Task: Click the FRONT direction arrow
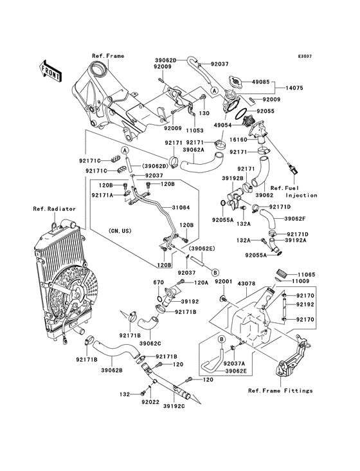click(50, 71)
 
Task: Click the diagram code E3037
click(305, 57)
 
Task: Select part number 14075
click(294, 88)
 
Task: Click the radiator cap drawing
click(235, 81)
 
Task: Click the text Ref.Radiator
click(54, 208)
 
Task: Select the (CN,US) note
click(120, 231)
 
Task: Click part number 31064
click(181, 208)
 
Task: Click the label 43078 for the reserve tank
click(246, 284)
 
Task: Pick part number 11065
click(307, 275)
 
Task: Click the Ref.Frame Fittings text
click(280, 391)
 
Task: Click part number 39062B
click(112, 370)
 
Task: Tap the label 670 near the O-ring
click(159, 282)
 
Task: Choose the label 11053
click(194, 131)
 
